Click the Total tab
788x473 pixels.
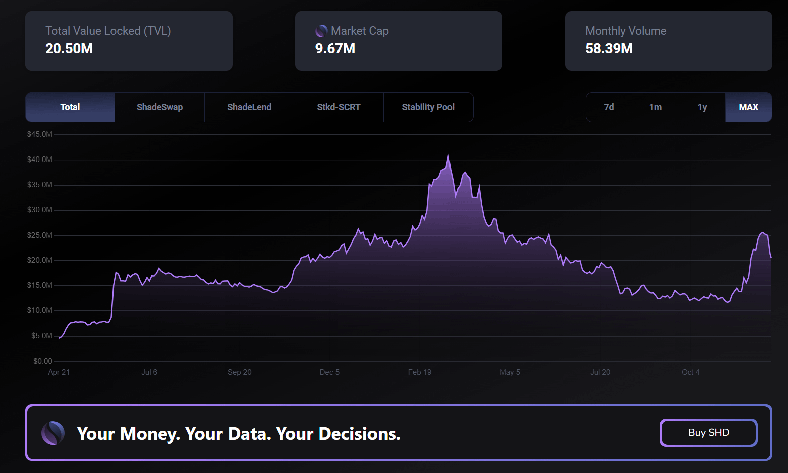click(x=70, y=107)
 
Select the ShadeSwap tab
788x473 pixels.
click(x=160, y=107)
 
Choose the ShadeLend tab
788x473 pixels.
click(x=249, y=107)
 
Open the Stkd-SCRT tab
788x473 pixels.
click(x=339, y=107)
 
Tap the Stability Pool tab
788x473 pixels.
click(x=428, y=107)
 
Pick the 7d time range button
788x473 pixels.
click(x=609, y=107)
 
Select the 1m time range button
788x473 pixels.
click(x=655, y=107)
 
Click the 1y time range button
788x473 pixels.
click(x=702, y=107)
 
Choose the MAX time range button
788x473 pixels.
click(x=748, y=107)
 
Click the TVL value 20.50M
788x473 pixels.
click(x=69, y=49)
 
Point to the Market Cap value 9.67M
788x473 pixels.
click(x=335, y=49)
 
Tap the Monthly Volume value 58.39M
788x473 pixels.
click(x=609, y=49)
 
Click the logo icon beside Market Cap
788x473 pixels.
click(x=321, y=31)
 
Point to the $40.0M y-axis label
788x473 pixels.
click(x=40, y=160)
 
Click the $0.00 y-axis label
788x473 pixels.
click(x=43, y=361)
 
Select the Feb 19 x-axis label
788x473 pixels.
click(x=420, y=372)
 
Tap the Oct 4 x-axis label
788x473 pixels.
click(x=690, y=372)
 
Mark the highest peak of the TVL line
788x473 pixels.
click(x=448, y=155)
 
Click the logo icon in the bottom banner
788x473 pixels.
click(x=53, y=433)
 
